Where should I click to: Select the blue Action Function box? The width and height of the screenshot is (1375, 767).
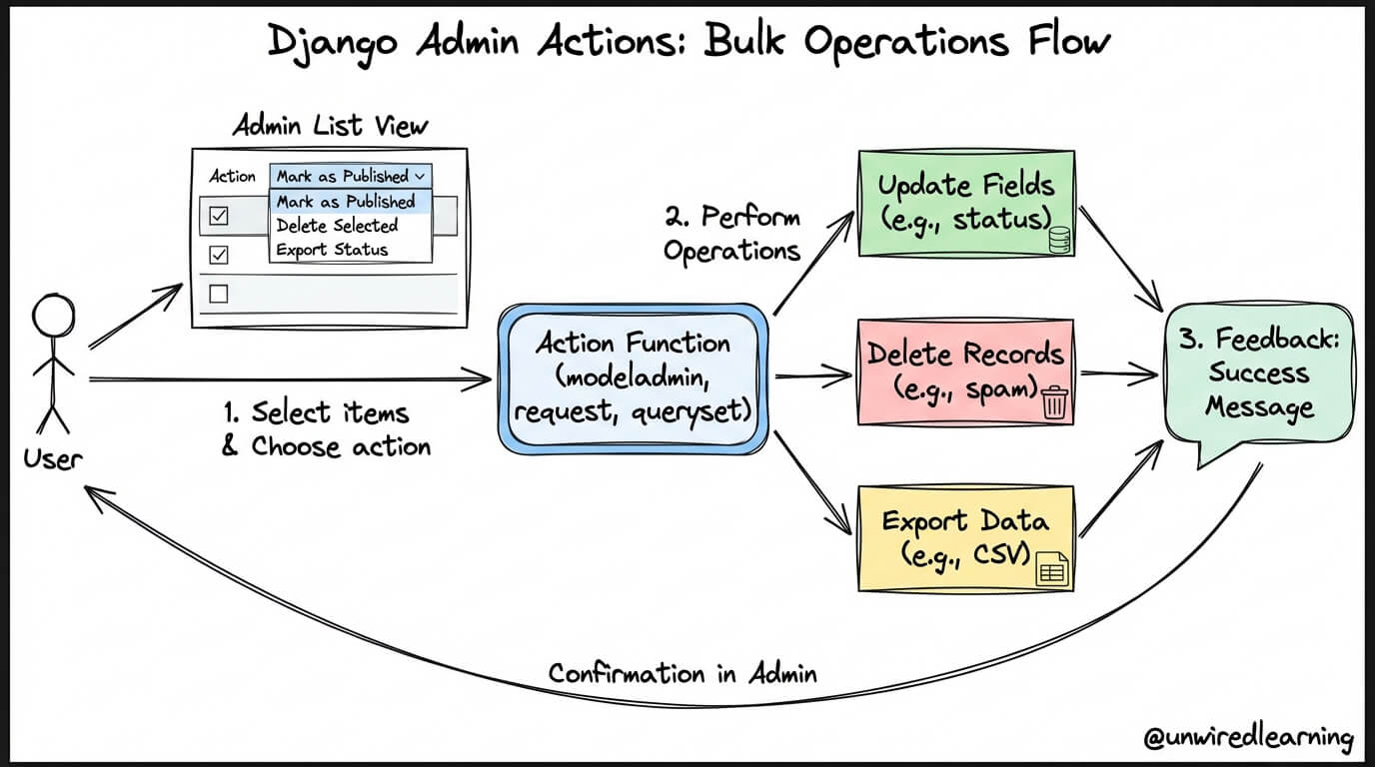(x=633, y=379)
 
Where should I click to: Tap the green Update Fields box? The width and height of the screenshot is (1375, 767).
(x=966, y=203)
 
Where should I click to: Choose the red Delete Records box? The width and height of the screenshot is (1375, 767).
(x=965, y=372)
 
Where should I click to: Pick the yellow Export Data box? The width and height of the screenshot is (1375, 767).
(x=966, y=538)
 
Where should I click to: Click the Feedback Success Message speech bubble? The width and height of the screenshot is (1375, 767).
(x=1259, y=378)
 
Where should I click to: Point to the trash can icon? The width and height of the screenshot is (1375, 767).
(x=1054, y=402)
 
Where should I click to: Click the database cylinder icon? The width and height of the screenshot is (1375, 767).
(x=1059, y=240)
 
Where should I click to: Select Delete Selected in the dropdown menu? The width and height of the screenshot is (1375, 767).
(x=337, y=226)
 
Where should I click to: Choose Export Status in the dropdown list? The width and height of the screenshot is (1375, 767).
(x=332, y=250)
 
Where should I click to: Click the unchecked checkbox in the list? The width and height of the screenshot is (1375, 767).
(x=219, y=294)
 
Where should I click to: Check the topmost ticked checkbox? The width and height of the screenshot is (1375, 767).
(x=219, y=216)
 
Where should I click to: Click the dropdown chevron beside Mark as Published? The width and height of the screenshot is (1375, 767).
(x=420, y=177)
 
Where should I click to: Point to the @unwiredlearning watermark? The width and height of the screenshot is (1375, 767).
(x=1248, y=737)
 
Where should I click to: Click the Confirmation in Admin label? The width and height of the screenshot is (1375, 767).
(x=683, y=674)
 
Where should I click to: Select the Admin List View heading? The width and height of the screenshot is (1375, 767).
(x=330, y=126)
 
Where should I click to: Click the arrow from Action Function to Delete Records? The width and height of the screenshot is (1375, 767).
(x=813, y=375)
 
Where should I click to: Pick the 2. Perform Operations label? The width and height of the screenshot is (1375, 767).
(x=732, y=234)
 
